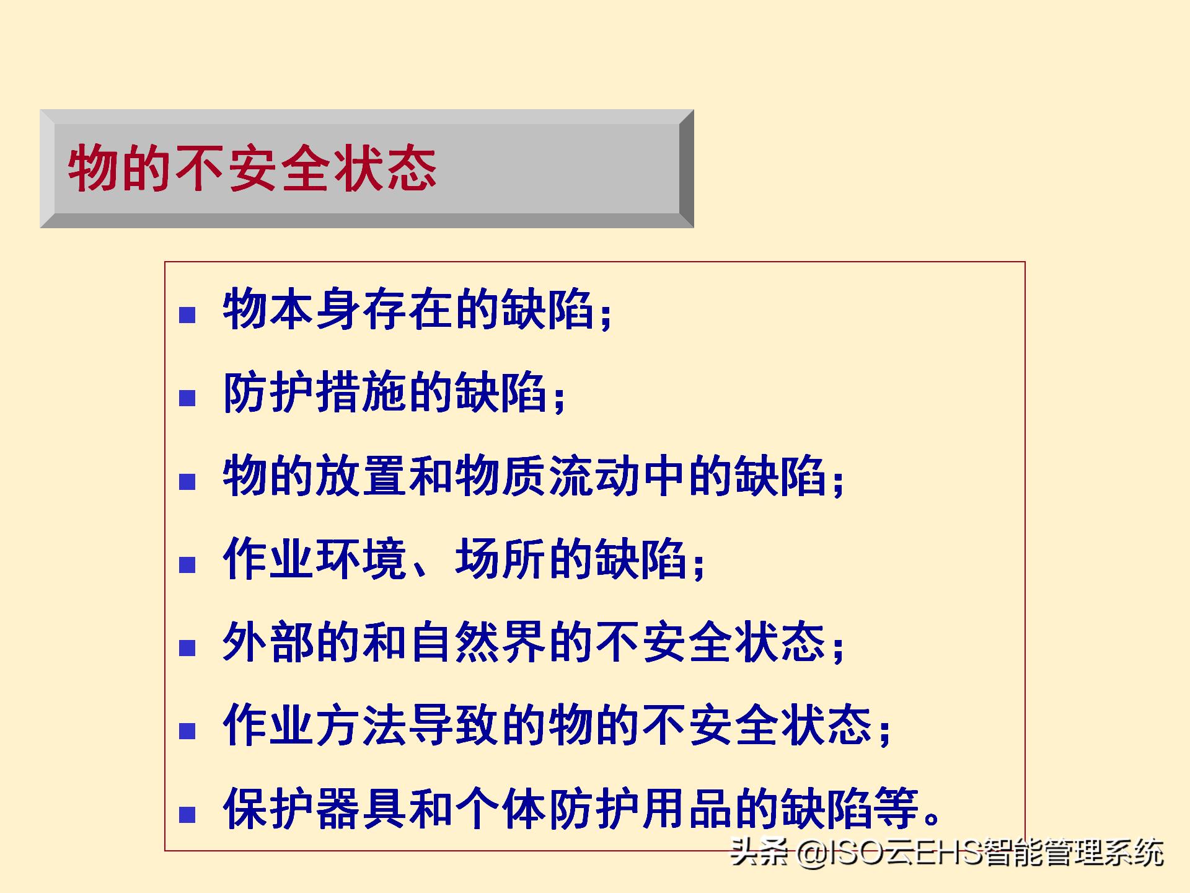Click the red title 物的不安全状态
click(252, 169)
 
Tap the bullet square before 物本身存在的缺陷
click(187, 314)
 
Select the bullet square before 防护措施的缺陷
click(187, 398)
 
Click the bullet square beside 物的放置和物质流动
click(187, 481)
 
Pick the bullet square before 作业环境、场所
click(187, 564)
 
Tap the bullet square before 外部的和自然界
click(187, 647)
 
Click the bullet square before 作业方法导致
click(187, 731)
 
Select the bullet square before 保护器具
click(187, 814)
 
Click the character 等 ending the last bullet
click(896, 809)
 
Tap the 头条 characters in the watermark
click(760, 853)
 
